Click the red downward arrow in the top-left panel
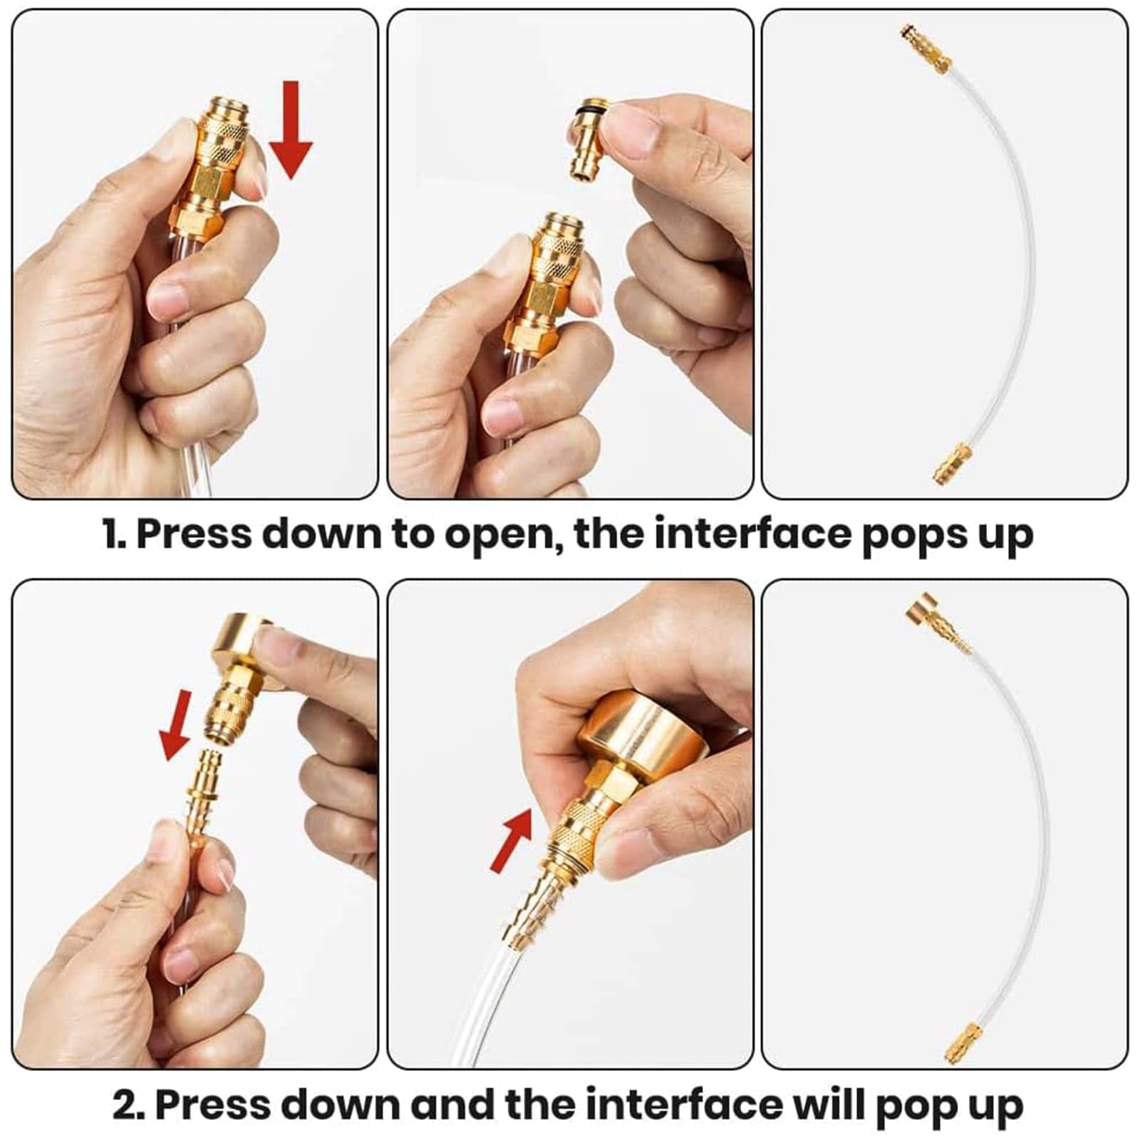(x=290, y=130)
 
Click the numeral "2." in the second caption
(x=129, y=1104)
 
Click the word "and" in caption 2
(x=452, y=1104)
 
